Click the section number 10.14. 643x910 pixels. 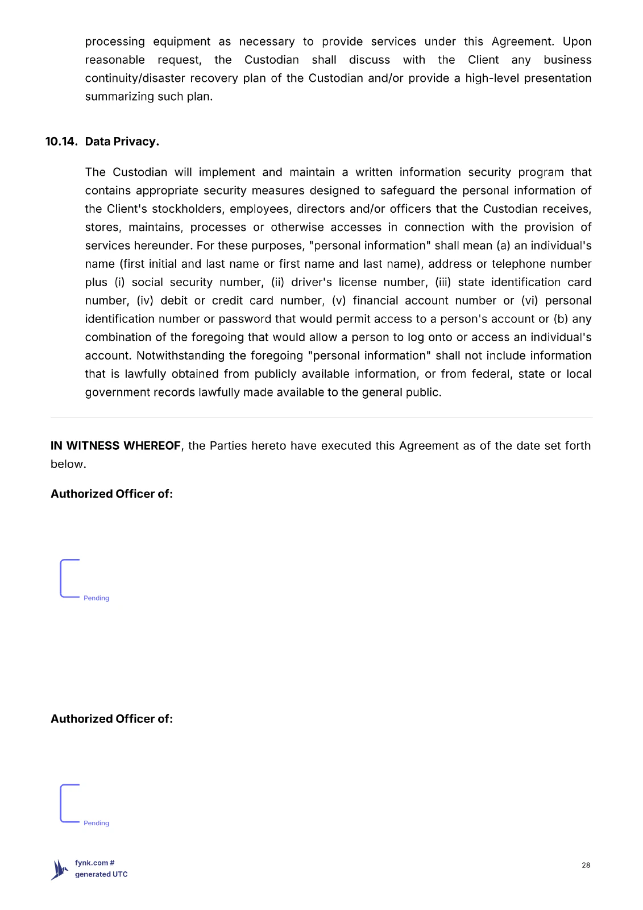61,142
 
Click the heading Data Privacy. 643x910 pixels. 122,142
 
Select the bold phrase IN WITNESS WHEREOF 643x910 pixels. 115,446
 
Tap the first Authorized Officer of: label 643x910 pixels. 111,494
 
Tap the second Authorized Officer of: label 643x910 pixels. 111,719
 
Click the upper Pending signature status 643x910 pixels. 96,598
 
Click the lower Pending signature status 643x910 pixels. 96,823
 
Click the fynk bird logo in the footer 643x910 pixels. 59,870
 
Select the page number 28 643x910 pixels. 586,865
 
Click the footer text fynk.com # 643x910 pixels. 94,863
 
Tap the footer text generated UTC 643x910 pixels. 101,874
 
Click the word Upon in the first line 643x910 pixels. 576,42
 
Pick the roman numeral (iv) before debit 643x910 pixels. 145,300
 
